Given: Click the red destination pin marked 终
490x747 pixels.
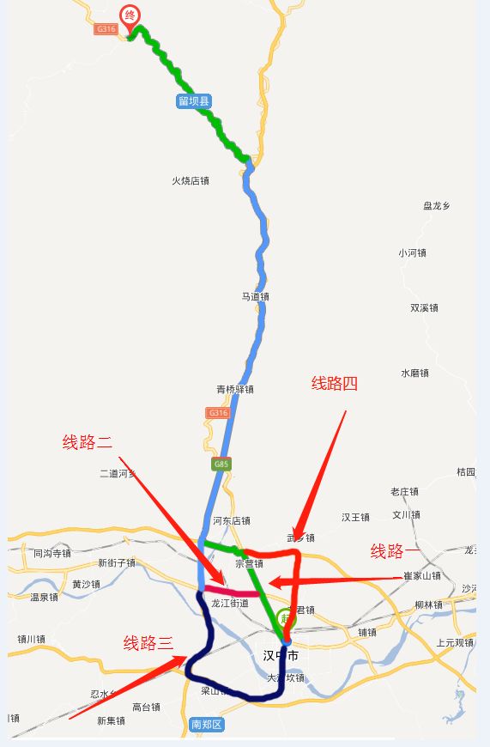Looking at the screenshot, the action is click(130, 16).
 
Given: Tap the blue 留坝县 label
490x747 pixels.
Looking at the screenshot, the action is click(194, 101).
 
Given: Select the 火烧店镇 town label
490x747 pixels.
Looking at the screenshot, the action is click(191, 181).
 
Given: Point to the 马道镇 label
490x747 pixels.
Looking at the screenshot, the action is click(255, 296).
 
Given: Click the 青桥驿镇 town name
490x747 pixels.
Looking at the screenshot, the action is click(234, 389).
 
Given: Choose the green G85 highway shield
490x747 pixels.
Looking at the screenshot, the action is click(221, 465).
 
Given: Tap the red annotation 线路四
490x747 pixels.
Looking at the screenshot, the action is click(334, 384).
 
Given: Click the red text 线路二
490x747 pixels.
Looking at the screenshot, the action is click(88, 442).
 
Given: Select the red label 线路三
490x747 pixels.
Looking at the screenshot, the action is click(148, 642).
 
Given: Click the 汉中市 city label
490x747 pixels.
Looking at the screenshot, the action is click(281, 655).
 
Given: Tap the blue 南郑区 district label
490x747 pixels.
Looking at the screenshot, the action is click(207, 725).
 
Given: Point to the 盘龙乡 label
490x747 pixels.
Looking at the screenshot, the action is click(437, 206).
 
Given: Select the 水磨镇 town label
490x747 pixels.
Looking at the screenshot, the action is click(414, 373).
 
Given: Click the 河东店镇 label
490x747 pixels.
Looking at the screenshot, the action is click(232, 520).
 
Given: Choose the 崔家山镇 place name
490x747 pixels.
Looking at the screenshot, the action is click(422, 575).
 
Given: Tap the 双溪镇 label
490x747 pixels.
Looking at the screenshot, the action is click(424, 307).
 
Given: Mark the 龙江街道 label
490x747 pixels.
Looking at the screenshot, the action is click(229, 604).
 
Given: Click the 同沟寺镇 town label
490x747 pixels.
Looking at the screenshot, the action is click(52, 554).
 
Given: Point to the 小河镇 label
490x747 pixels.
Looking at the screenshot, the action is click(412, 252).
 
